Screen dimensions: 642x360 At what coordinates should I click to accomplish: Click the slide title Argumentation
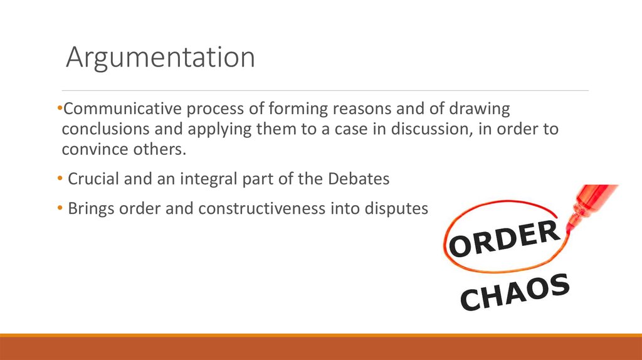160,58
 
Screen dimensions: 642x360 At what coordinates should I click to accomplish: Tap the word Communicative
122,109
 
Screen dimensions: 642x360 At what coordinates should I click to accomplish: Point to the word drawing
480,109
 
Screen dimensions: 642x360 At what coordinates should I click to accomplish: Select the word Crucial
93,179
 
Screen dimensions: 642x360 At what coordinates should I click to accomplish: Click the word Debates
359,179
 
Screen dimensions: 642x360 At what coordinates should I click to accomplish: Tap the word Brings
91,208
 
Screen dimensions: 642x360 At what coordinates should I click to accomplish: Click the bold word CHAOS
515,292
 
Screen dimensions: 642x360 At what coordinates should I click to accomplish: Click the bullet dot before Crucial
60,179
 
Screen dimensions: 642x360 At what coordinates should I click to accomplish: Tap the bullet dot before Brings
60,208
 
